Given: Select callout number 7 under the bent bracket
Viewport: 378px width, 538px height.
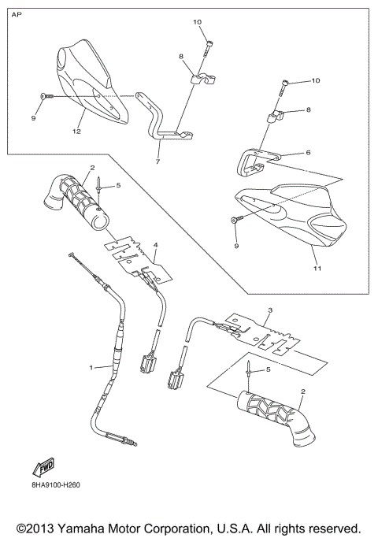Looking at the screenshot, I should (157, 161).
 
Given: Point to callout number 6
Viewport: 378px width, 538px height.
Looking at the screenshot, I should (309, 152).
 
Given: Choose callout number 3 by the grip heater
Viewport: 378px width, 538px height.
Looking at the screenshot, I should (269, 311).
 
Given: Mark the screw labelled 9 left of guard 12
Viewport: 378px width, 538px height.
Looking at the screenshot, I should (44, 95).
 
